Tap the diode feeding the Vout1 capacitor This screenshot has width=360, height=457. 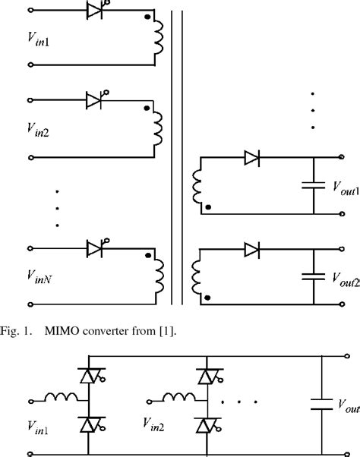click(252, 158)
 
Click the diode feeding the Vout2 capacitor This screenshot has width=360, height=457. click(252, 248)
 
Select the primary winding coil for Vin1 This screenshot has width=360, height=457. click(159, 44)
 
